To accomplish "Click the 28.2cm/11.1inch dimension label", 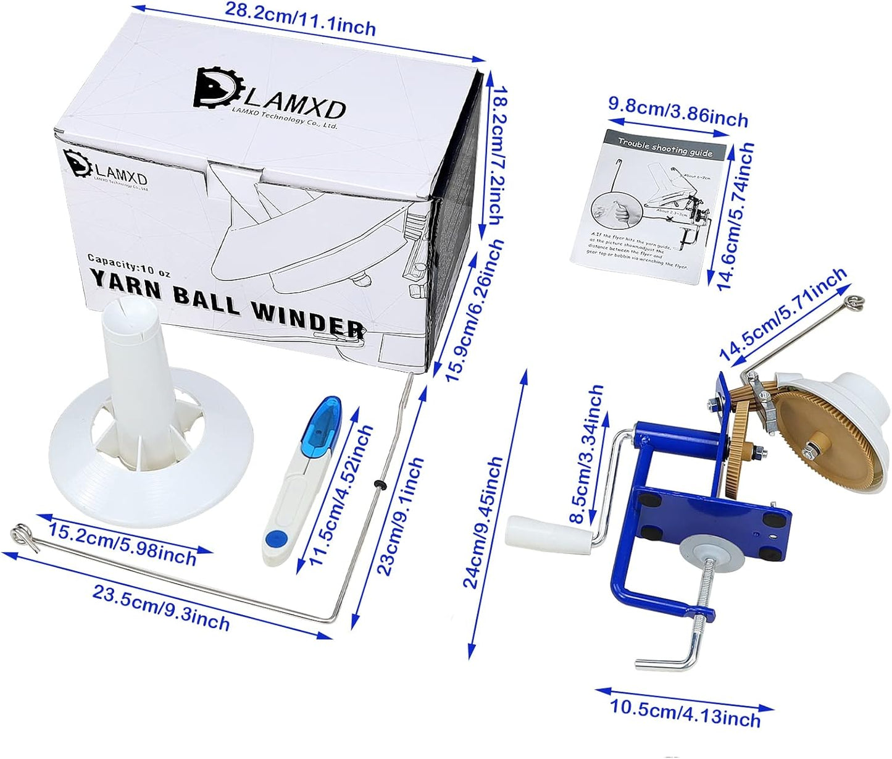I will tap(301, 19).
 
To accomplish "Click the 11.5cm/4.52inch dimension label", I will tap(343, 495).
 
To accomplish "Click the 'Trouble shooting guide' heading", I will tap(665, 146).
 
